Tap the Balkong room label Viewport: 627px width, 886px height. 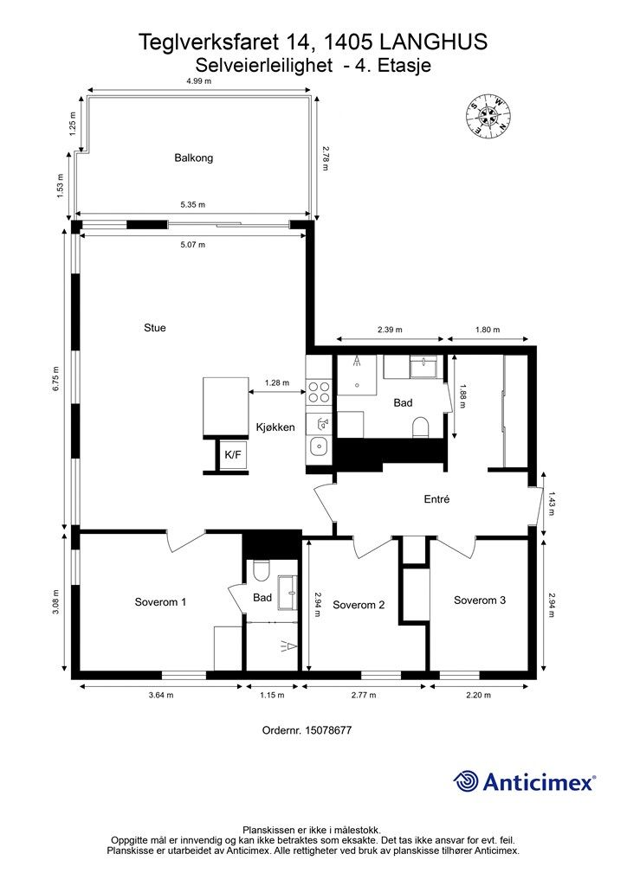pos(193,157)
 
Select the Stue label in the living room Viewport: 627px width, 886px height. pos(155,328)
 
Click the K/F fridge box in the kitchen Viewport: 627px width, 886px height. pos(233,454)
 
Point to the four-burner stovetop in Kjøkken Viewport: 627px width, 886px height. pos(319,392)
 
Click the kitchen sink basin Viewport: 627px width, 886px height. pos(320,446)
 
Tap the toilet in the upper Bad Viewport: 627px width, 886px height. pos(421,427)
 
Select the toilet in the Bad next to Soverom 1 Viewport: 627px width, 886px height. pos(262,571)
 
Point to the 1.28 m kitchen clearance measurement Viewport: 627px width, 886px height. pos(277,382)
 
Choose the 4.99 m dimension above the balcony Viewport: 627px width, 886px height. pos(198,80)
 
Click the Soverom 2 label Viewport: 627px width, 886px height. pos(359,605)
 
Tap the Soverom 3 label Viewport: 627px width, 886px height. pos(480,600)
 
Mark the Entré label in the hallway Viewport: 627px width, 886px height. pos(436,499)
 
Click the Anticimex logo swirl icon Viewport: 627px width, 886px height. pos(466,782)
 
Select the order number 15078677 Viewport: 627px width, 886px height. pos(328,730)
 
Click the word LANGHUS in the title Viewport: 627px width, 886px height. pos(434,42)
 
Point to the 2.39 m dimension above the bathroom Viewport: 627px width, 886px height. pos(390,330)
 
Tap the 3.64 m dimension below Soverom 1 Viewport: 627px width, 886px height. pos(161,695)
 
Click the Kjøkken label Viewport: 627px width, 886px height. pos(275,427)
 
